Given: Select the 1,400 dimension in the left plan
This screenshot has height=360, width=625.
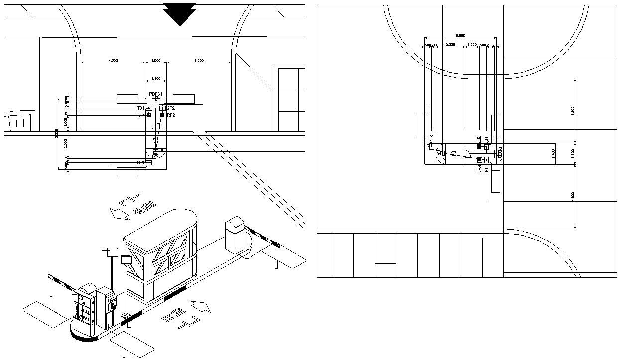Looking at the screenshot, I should [156, 79].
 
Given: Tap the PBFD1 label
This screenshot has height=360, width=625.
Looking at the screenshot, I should [156, 94].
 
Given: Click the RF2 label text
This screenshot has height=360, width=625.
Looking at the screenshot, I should [171, 115].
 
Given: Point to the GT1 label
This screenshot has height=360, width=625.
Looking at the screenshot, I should [141, 163].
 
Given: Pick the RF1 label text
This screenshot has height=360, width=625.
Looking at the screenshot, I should [141, 115].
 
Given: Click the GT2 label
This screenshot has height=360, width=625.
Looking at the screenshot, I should [171, 108].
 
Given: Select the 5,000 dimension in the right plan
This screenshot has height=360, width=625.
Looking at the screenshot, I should [460, 35].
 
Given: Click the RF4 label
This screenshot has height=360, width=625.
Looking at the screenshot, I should [479, 169].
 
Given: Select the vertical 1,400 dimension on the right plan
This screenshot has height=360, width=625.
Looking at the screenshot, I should [553, 154].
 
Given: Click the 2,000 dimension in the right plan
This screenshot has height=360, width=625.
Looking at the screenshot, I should [450, 45].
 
